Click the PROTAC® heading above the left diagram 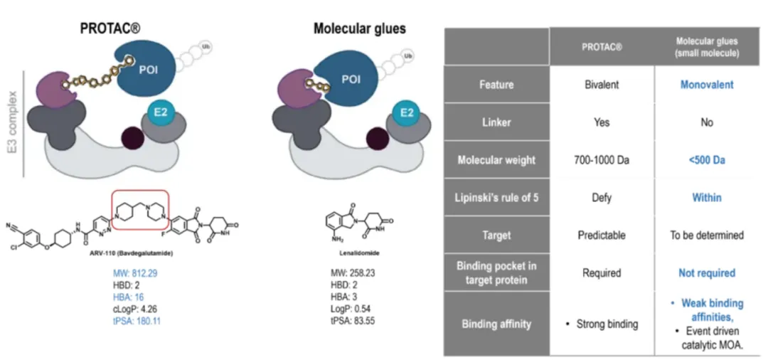[x=110, y=29]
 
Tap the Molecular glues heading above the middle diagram [x=359, y=29]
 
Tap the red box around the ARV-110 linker [x=151, y=213]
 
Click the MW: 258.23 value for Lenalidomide [x=352, y=272]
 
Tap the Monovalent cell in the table [x=706, y=85]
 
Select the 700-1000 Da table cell [x=601, y=160]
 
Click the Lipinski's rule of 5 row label [x=496, y=198]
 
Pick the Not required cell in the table [x=706, y=272]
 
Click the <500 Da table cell [x=706, y=160]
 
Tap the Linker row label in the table [x=496, y=122]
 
